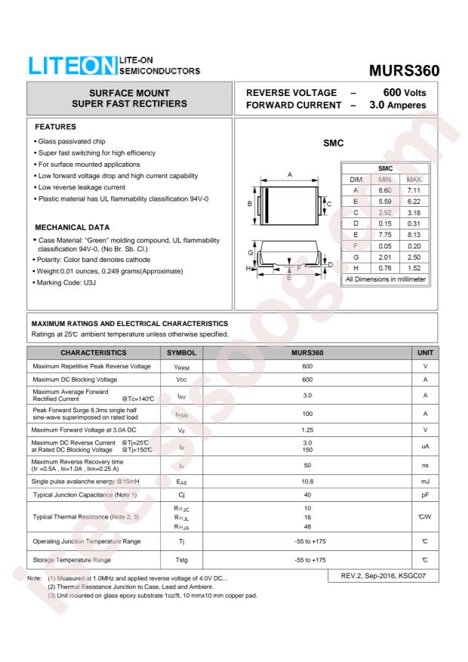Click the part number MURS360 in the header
point(404,70)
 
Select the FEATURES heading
point(56,127)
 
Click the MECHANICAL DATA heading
point(72,227)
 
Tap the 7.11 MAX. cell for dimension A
point(414,192)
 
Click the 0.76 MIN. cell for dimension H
point(385,268)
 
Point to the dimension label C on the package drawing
point(328,204)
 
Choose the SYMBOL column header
point(181,353)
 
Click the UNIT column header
point(426,353)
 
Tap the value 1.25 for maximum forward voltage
point(307,430)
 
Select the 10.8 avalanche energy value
point(307,480)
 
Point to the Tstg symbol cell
point(181,559)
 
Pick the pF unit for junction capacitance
point(426,494)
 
